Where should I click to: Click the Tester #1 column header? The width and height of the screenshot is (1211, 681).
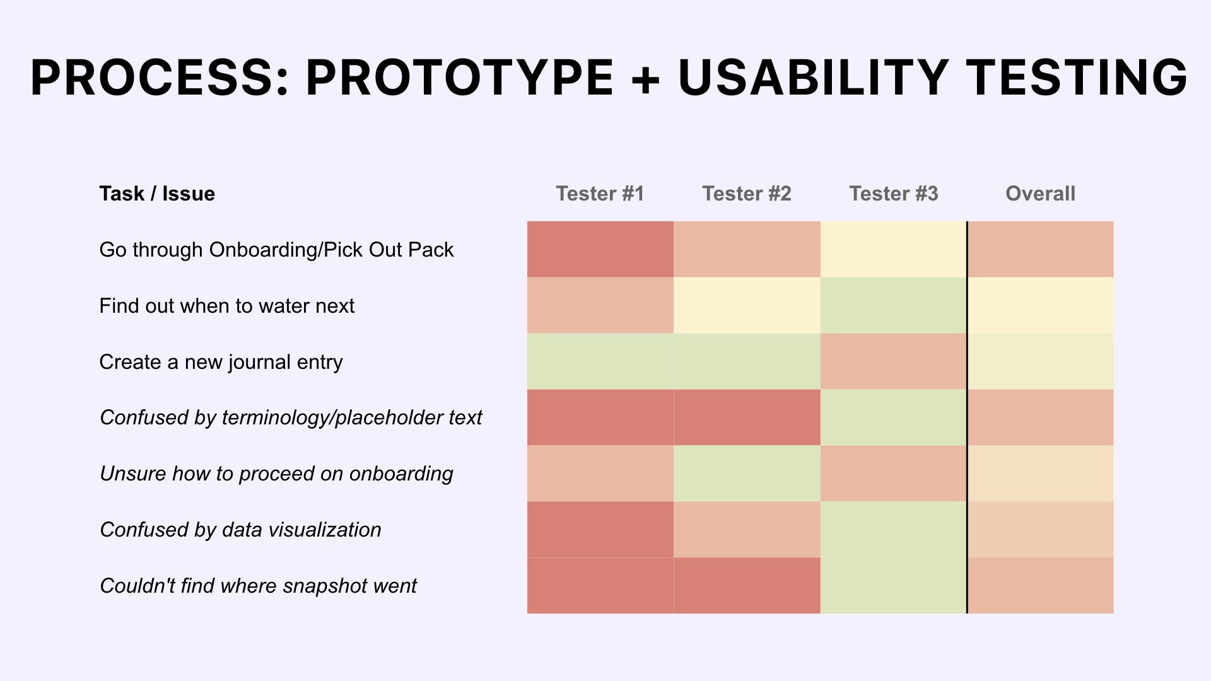(x=600, y=194)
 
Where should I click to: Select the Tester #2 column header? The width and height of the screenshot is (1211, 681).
(x=747, y=194)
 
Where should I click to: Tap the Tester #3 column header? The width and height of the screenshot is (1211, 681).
(x=894, y=194)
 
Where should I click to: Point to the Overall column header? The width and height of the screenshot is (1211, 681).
(x=1041, y=194)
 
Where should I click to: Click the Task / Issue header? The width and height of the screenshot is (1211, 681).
(x=157, y=194)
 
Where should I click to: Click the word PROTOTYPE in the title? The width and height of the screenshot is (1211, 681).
(x=460, y=78)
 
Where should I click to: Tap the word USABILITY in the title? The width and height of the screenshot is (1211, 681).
(x=814, y=78)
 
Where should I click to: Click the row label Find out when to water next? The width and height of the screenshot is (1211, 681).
(x=227, y=306)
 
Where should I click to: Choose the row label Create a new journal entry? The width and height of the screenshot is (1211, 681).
(x=221, y=363)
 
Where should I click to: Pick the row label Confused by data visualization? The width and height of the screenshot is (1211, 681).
(x=241, y=530)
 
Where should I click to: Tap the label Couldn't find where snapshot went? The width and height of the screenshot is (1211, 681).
(x=259, y=586)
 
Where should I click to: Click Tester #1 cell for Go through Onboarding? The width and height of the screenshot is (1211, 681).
(x=600, y=249)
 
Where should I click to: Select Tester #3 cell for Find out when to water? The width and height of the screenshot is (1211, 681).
(x=894, y=305)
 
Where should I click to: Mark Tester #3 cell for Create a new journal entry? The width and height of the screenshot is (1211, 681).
(x=894, y=361)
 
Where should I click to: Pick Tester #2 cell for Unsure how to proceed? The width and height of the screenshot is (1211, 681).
(x=747, y=474)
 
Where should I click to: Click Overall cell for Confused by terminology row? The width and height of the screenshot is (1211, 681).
(x=1041, y=417)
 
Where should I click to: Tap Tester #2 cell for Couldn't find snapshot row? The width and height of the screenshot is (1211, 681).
(x=747, y=586)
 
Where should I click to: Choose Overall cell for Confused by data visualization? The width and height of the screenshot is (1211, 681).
(x=1041, y=530)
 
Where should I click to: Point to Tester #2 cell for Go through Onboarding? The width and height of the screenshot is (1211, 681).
(x=747, y=249)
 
